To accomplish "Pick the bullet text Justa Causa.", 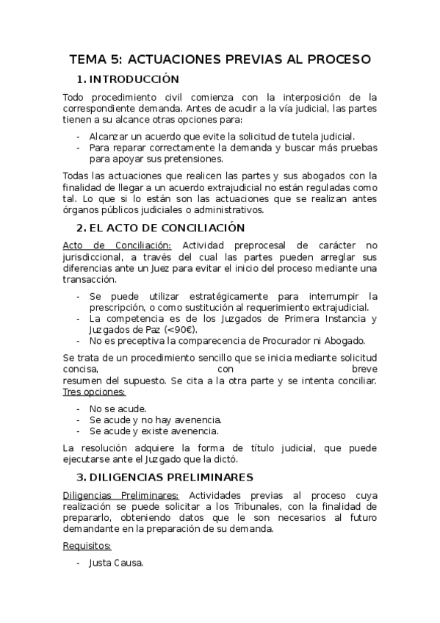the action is click(x=116, y=563).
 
